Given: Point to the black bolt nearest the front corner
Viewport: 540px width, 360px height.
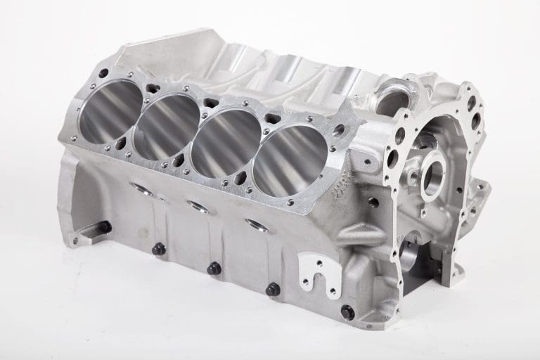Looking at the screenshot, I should (x=347, y=312).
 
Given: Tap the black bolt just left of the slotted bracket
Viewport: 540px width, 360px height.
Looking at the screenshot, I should (x=272, y=289).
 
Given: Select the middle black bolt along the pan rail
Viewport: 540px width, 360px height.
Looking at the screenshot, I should (x=214, y=268).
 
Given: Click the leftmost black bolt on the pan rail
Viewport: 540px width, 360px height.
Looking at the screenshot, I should (x=159, y=248).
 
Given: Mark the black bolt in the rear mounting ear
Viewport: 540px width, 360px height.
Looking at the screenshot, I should (x=104, y=227).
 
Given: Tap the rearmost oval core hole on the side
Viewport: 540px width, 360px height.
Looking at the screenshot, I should (x=141, y=189).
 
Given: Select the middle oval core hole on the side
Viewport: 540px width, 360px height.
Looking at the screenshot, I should (x=198, y=207).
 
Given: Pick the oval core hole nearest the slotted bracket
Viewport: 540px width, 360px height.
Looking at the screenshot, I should (x=257, y=226).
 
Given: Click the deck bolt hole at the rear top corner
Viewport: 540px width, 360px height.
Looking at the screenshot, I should (x=103, y=73).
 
